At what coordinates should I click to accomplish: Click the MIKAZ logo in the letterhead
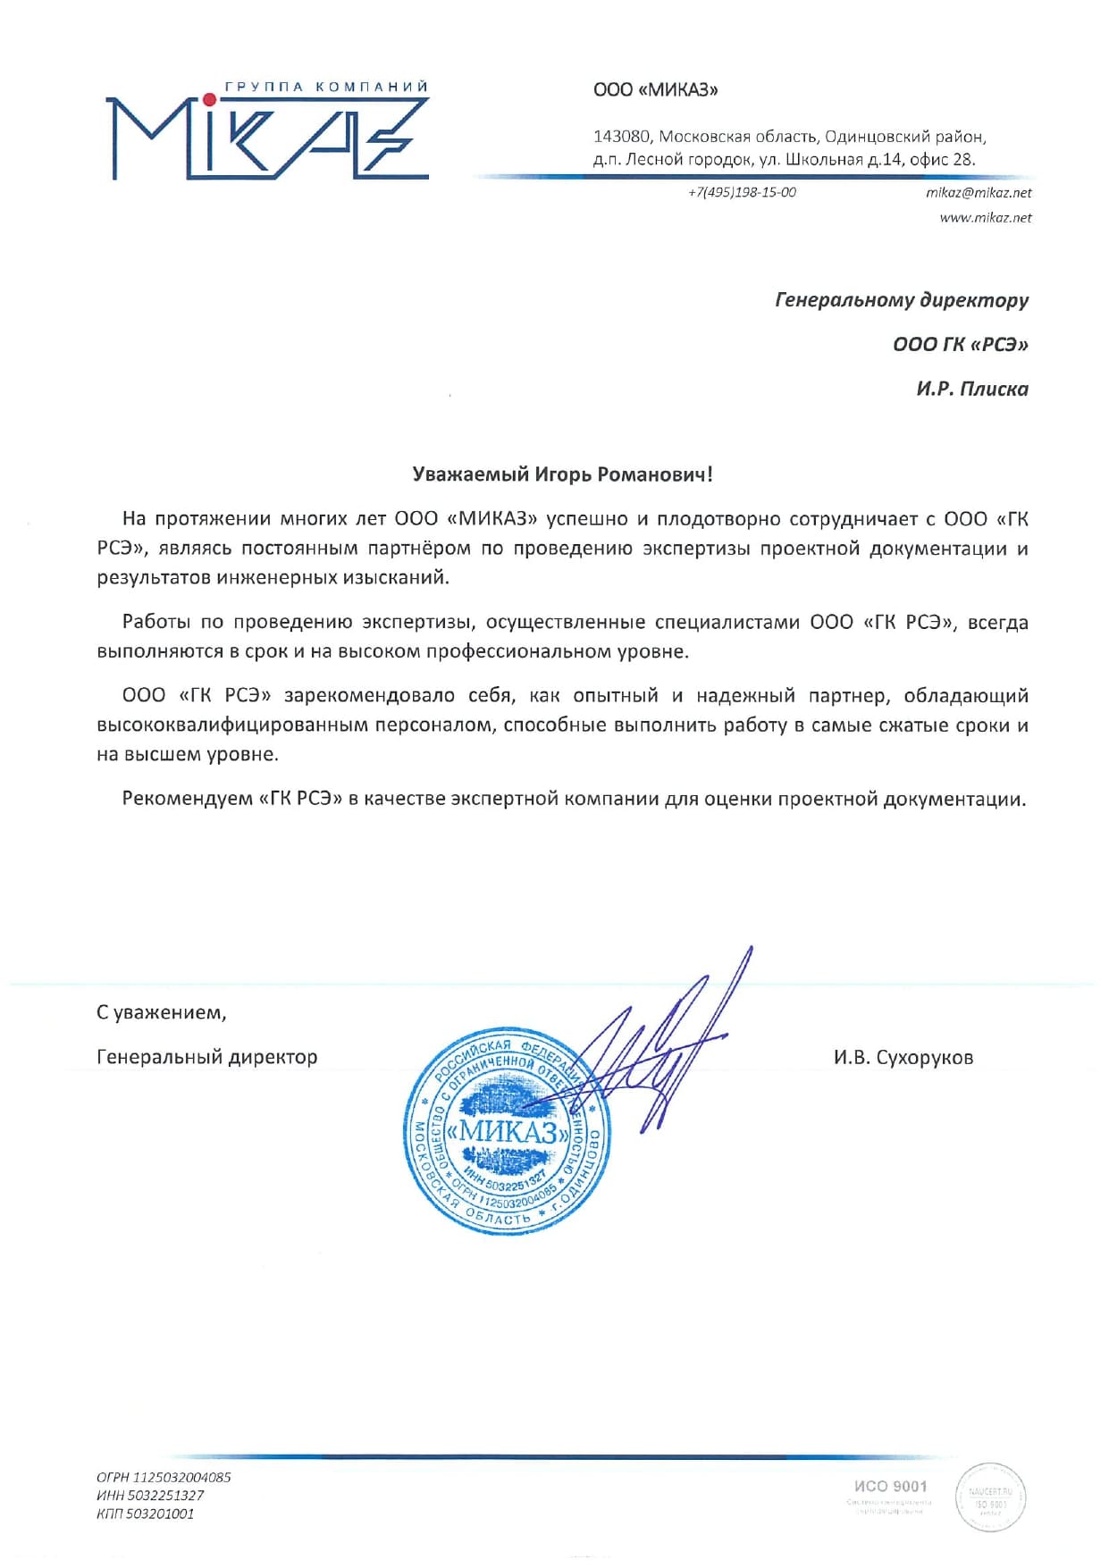tap(267, 134)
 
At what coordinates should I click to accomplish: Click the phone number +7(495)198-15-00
tap(742, 192)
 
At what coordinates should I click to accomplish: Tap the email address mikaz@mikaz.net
tap(979, 192)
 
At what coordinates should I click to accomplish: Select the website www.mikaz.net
tap(985, 217)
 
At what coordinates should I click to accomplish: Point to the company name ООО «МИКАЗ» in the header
tap(656, 89)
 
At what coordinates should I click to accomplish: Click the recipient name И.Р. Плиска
tap(972, 389)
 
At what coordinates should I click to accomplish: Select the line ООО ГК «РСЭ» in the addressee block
tap(961, 344)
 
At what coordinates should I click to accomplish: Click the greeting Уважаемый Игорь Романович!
tap(563, 474)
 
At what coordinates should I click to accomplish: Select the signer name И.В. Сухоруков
tap(903, 1057)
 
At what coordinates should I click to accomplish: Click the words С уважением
tap(161, 1012)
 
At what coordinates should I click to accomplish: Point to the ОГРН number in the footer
tap(164, 1477)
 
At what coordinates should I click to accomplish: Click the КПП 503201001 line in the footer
tap(145, 1513)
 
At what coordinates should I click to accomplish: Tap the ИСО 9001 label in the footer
tap(890, 1486)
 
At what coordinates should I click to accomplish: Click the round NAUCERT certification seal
tap(990, 1497)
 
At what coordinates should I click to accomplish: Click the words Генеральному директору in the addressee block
tap(902, 299)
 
